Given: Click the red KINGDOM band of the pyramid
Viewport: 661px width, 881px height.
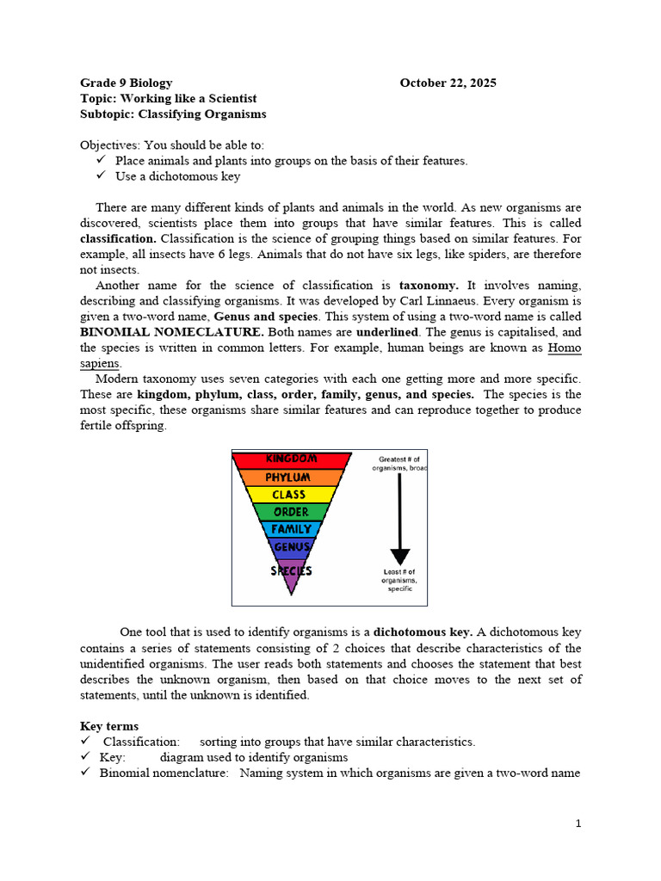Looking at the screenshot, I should (x=291, y=459).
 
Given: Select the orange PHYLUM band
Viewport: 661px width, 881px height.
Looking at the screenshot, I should (x=291, y=477).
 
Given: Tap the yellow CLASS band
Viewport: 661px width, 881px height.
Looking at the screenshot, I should (x=290, y=495).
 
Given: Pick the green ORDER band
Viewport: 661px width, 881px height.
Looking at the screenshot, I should (x=291, y=512).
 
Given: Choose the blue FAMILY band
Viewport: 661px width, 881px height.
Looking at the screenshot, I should (x=291, y=529).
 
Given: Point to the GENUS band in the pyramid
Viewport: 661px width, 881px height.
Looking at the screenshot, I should (x=291, y=546).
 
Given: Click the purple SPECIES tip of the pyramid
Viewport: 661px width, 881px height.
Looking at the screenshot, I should (x=291, y=571).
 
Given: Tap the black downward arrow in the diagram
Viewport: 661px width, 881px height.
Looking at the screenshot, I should (x=400, y=516).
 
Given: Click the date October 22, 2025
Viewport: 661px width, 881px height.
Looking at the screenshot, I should (x=448, y=83).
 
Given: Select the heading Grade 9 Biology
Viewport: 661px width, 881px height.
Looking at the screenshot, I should (x=126, y=83).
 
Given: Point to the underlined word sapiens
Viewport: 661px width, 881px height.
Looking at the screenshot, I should (x=100, y=363).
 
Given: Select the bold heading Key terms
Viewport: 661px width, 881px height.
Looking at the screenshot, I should (x=109, y=726).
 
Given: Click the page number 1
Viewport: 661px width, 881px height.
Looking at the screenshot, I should (x=578, y=823).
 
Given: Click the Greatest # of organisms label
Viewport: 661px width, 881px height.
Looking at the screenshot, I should (x=398, y=464).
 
